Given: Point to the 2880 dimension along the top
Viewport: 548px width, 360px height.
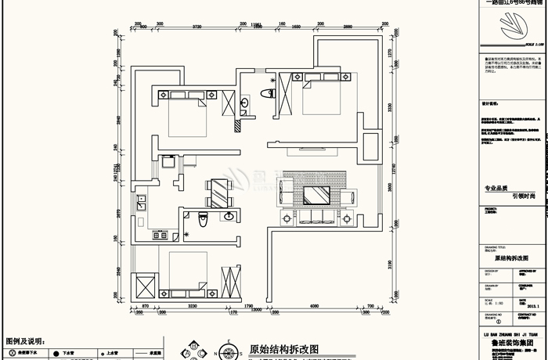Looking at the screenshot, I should point(341,26).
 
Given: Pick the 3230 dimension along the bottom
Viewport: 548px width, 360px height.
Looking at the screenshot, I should point(192,307).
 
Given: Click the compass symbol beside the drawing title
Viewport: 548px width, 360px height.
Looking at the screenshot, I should point(229,351).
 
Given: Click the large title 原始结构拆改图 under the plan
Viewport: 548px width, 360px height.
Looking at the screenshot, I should point(283,350).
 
